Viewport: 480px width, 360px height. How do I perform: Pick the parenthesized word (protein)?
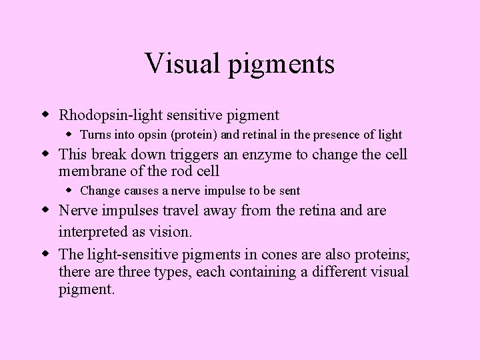pyautogui.click(x=194, y=135)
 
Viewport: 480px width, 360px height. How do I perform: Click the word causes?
pyautogui.click(x=139, y=191)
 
